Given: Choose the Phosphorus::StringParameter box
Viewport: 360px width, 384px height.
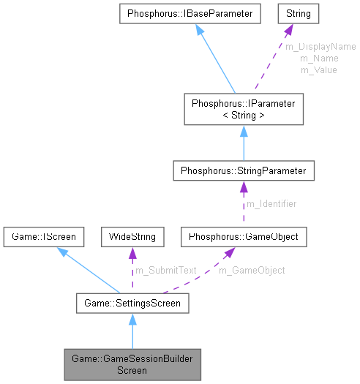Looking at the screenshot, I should point(243,171).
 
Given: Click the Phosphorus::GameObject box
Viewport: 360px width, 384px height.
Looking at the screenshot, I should point(243,237).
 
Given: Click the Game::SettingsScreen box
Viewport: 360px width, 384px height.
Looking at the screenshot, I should point(132,301).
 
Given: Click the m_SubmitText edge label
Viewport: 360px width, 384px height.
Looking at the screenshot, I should point(166,270).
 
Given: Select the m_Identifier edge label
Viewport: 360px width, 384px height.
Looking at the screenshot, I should point(272,204).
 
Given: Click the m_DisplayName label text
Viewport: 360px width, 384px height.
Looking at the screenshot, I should point(320,46).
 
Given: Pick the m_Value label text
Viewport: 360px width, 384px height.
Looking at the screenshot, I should point(319,69).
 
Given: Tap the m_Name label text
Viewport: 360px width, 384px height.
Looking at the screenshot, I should point(319,58).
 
